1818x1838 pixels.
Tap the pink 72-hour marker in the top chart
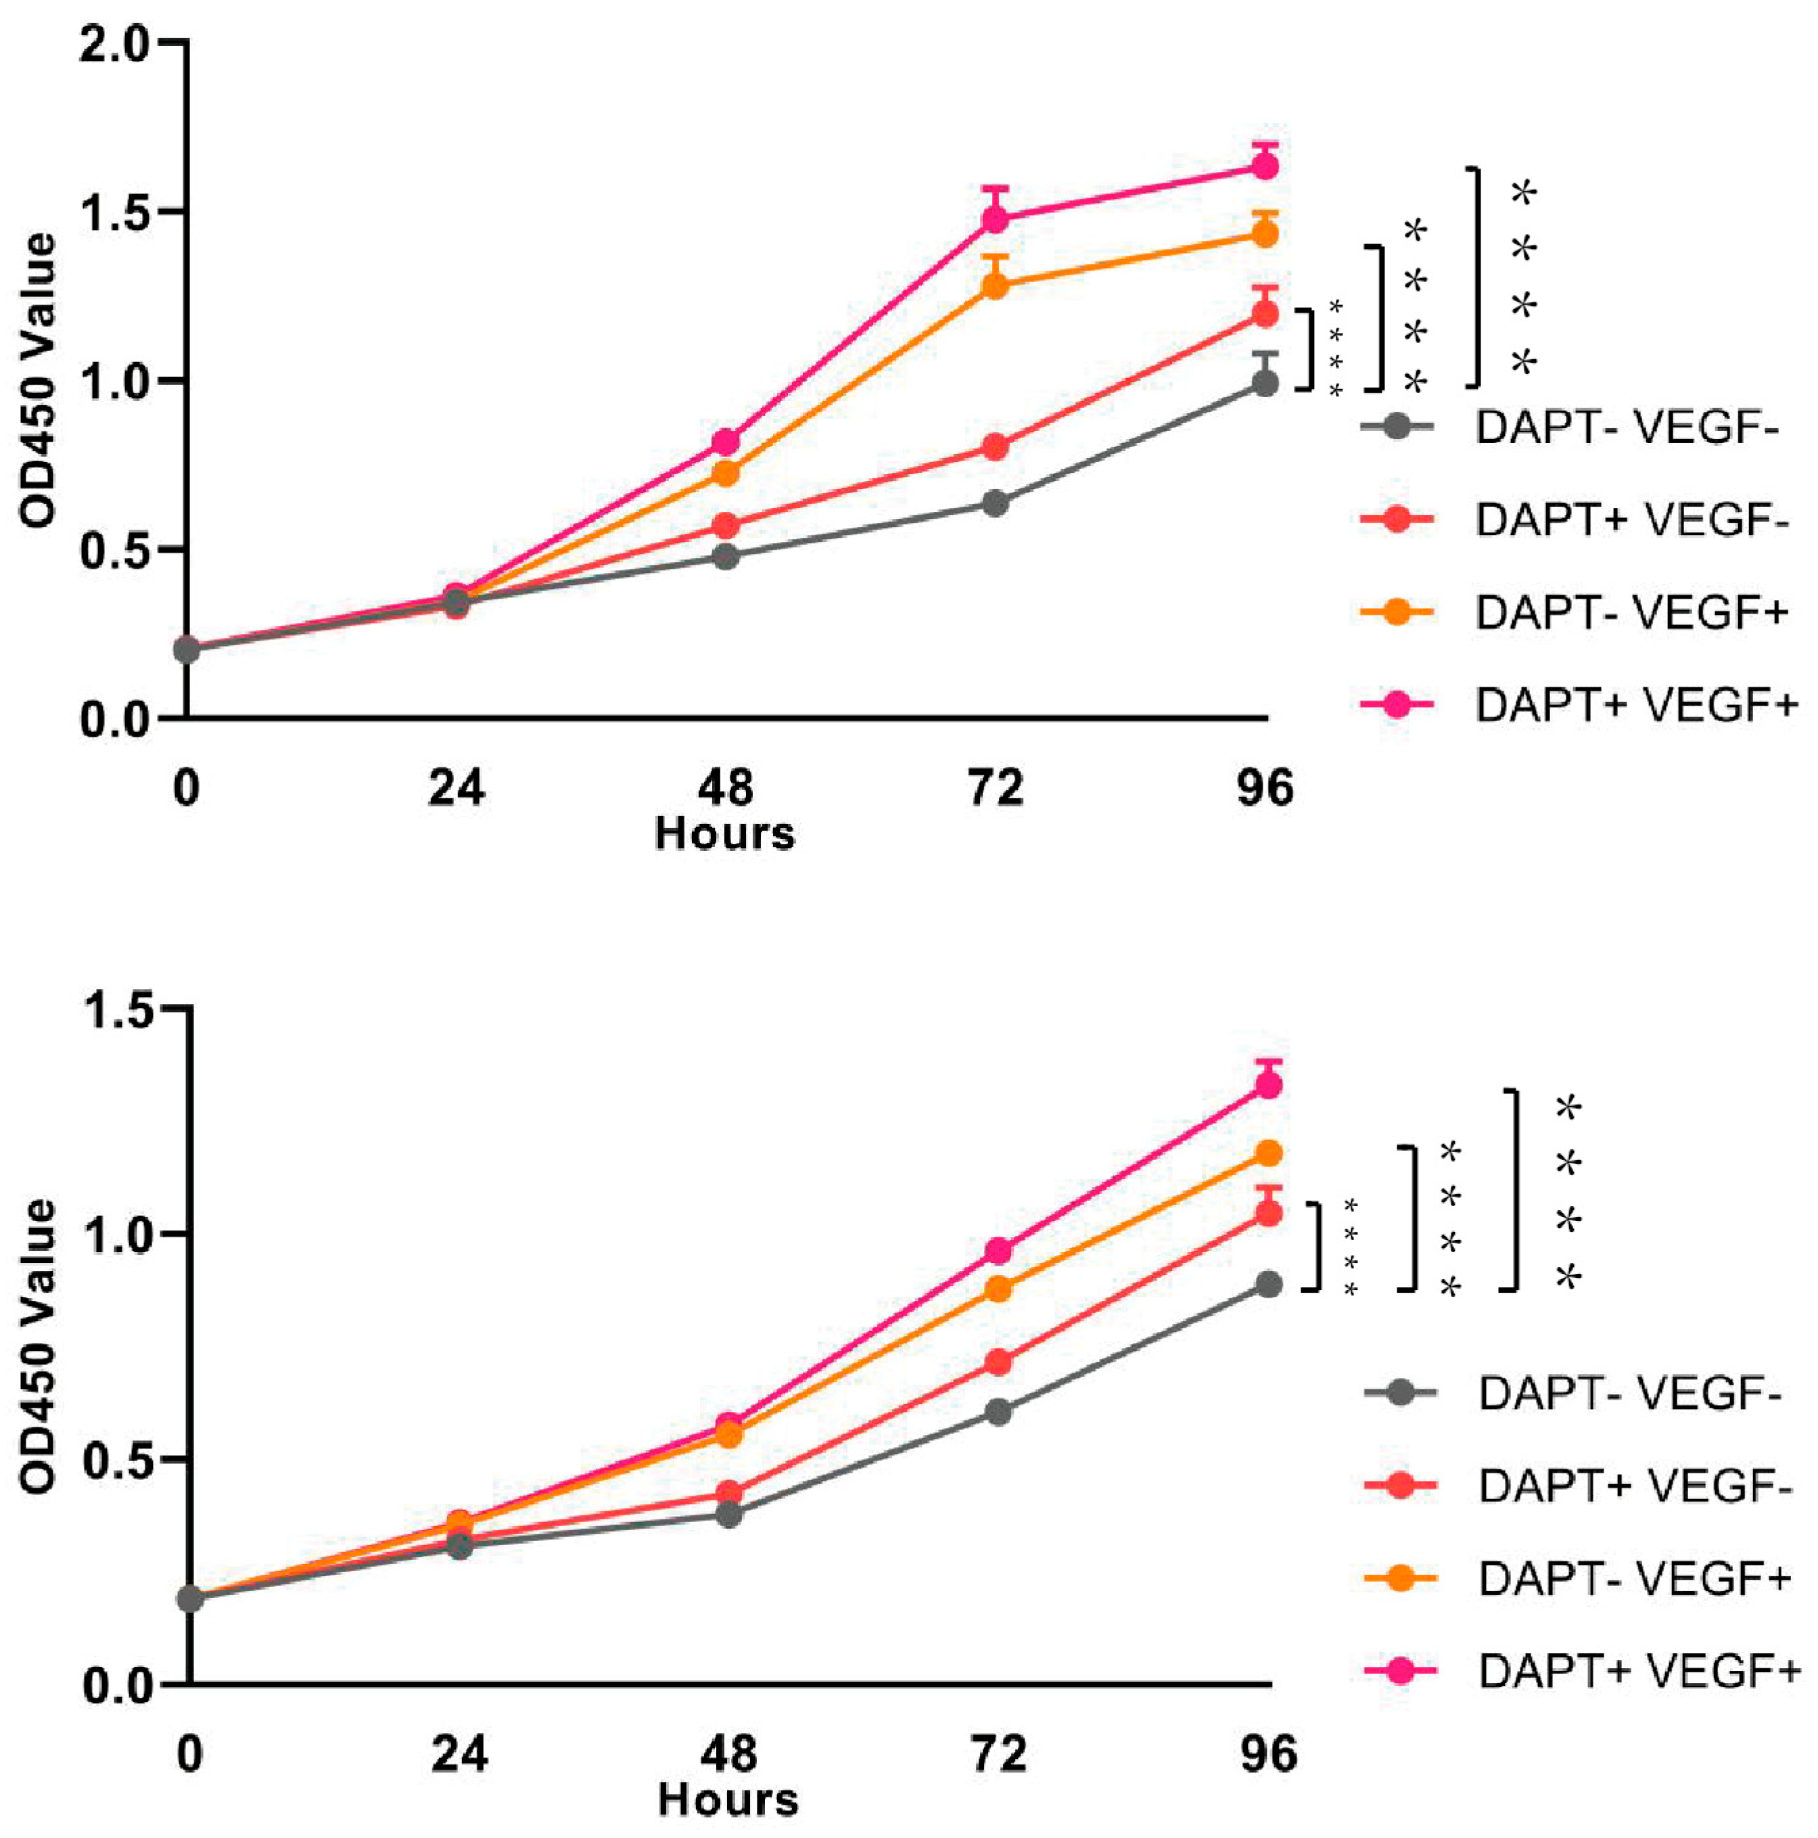(x=995, y=219)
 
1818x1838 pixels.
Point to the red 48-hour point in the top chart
(x=726, y=525)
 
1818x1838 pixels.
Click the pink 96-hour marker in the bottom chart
(x=1268, y=1084)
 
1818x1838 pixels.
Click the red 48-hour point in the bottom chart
(x=728, y=1493)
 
